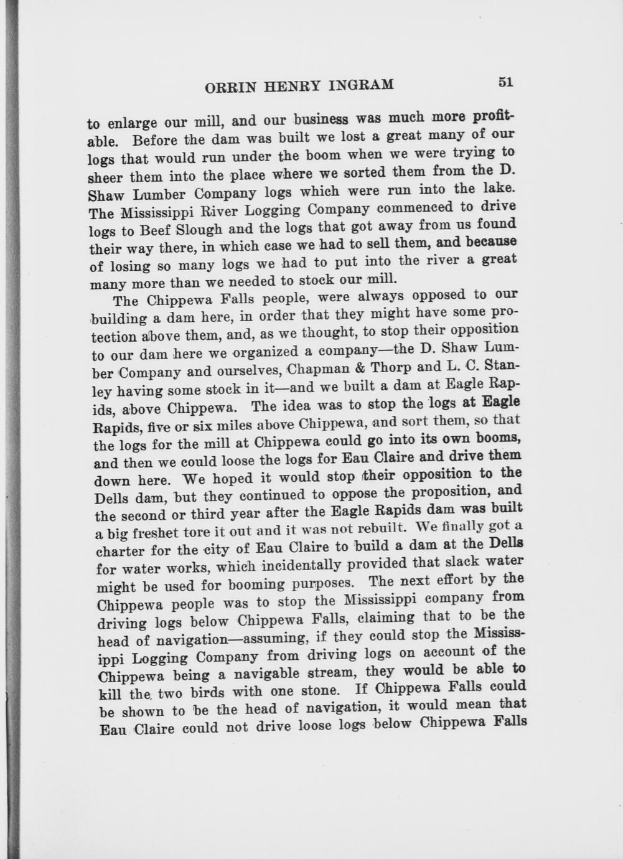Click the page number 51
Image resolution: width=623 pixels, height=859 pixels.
coord(505,82)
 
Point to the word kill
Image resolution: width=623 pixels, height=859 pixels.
coord(110,694)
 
